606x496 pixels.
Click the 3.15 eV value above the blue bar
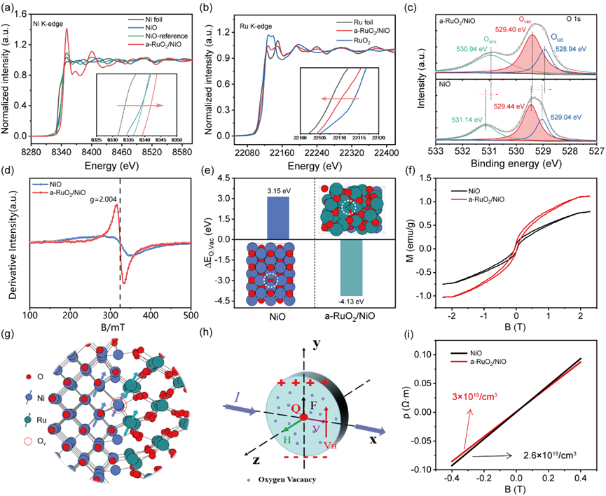point(278,189)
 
